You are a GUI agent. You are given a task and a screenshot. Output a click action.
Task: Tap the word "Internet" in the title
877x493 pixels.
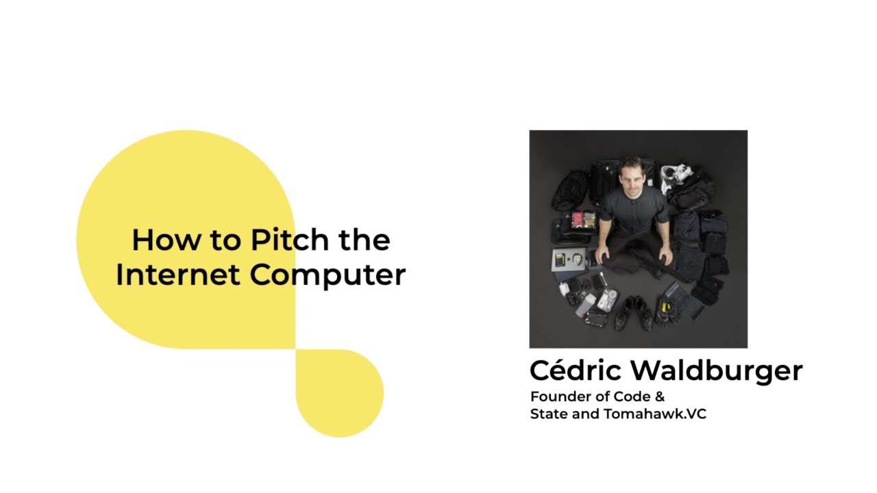[x=177, y=275]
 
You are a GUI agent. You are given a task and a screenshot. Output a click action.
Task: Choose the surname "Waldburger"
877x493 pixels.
[x=716, y=370]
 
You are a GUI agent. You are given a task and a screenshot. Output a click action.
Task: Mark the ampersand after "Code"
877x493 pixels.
[x=660, y=396]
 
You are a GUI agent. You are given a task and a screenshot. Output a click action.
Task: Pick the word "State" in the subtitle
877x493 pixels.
[x=547, y=414]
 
